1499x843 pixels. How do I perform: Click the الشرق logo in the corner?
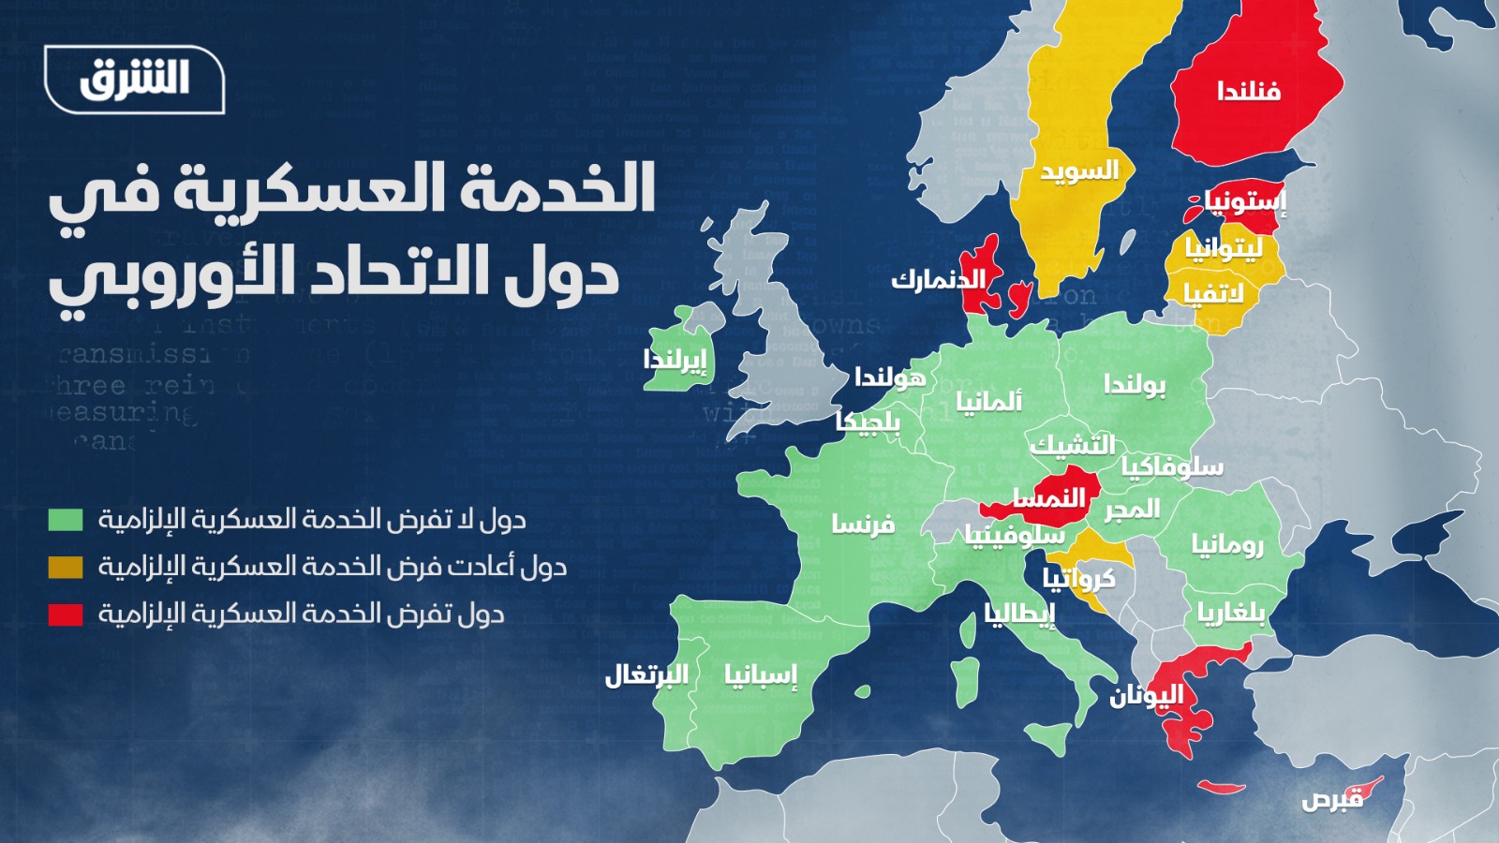134,80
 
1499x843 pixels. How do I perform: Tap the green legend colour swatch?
66,520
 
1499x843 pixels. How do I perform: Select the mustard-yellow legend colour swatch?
66,567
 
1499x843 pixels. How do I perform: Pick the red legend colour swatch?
66,614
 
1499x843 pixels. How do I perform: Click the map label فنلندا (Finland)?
1249,91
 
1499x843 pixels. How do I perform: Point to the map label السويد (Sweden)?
1079,172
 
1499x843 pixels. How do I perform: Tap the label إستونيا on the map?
1245,201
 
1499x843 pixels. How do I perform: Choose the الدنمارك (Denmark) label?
938,279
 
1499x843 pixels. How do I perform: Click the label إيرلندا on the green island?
675,360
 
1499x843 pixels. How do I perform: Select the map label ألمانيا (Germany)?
988,402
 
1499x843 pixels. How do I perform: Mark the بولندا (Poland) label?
1135,384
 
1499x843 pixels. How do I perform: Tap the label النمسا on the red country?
1048,497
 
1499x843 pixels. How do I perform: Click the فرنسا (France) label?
863,525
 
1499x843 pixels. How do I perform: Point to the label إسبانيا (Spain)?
760,675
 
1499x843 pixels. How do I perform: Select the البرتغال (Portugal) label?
646,674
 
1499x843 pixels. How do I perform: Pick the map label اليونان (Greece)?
1147,695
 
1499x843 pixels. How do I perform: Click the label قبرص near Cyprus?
1332,799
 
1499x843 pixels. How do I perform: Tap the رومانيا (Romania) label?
1227,544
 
